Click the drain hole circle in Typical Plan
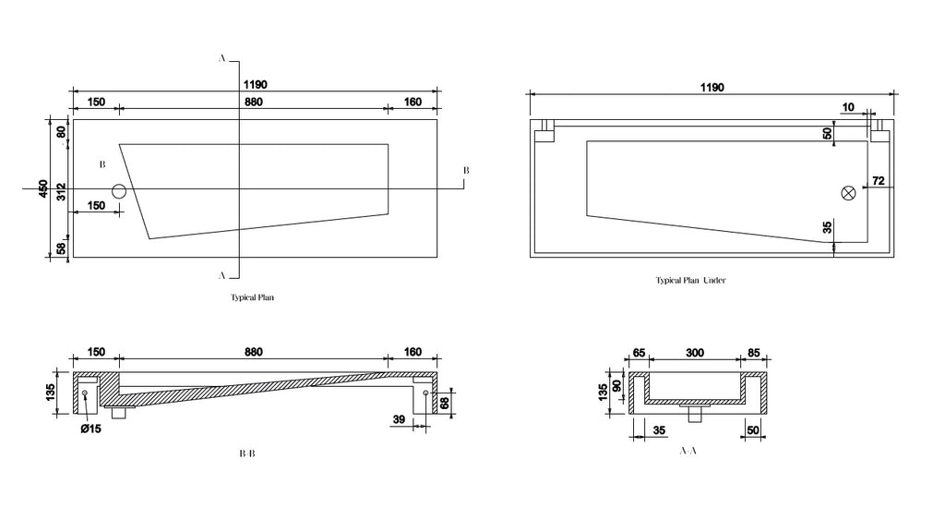(x=119, y=191)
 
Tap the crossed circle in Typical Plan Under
(x=848, y=193)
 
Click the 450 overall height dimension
(x=43, y=188)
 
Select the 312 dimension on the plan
(x=61, y=192)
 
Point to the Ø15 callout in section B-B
(x=91, y=429)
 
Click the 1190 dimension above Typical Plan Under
(x=712, y=88)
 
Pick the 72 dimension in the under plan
(x=879, y=180)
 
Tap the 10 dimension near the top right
(x=848, y=107)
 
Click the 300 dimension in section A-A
(x=695, y=353)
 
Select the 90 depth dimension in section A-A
(x=616, y=385)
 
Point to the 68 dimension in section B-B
(x=445, y=403)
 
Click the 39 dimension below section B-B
(x=399, y=419)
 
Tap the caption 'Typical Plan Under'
(x=690, y=281)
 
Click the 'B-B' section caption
(x=247, y=453)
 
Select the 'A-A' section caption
(x=688, y=451)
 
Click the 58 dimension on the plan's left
(x=61, y=248)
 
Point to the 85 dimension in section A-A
(x=753, y=353)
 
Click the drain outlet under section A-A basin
(x=695, y=413)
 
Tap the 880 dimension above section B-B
(x=254, y=352)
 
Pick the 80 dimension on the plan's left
(x=61, y=131)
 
